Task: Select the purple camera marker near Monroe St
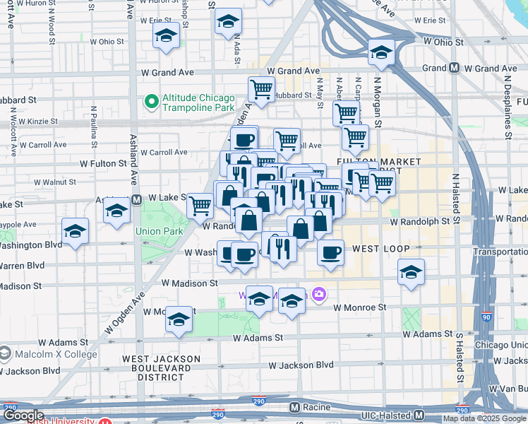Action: [319, 294]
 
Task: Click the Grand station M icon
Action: [455, 69]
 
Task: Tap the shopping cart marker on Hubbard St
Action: [261, 90]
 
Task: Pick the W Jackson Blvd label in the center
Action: [301, 365]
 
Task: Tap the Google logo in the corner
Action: [23, 416]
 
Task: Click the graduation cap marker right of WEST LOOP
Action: [411, 272]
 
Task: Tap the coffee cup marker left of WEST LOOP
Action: [330, 252]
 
